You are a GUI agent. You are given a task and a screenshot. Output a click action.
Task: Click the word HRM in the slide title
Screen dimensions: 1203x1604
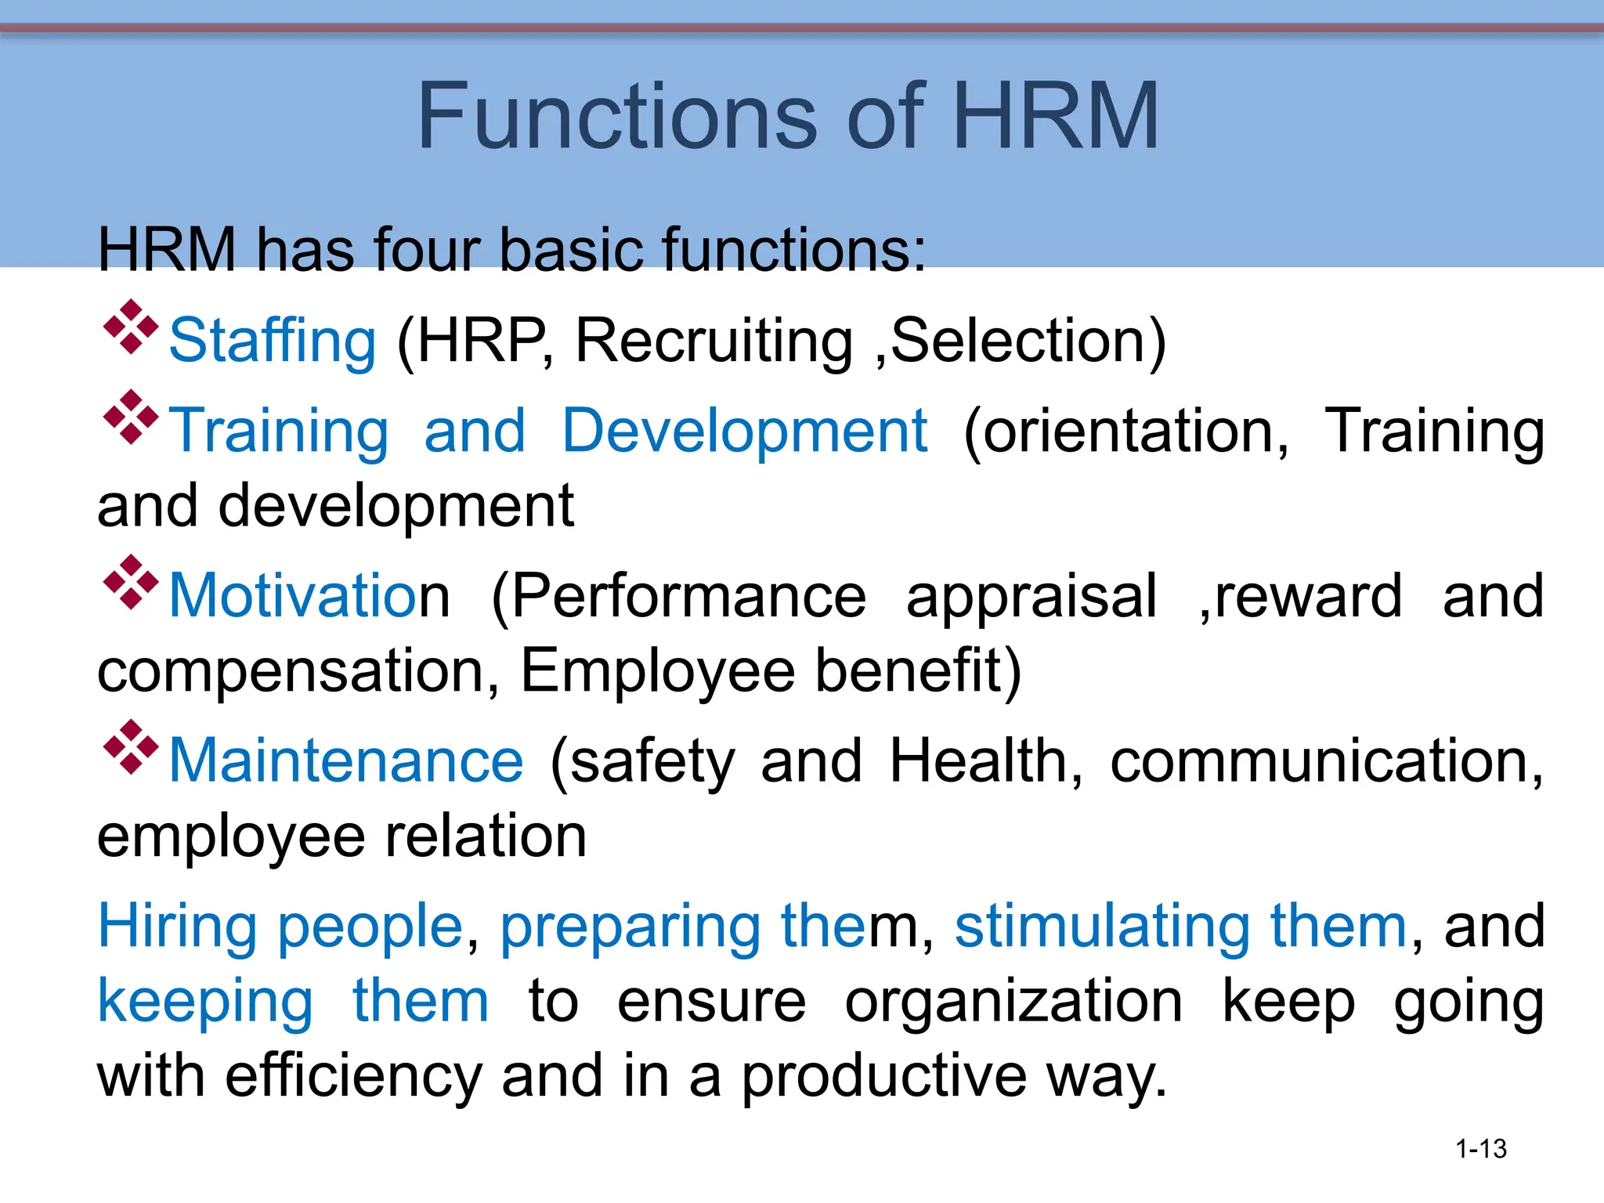tap(1055, 117)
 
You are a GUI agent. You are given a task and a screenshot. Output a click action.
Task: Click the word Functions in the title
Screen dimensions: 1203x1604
tap(617, 117)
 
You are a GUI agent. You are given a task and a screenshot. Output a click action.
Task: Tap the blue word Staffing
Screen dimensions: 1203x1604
tap(273, 341)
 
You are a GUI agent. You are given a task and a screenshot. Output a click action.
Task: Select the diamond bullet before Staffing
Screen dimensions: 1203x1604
tap(130, 327)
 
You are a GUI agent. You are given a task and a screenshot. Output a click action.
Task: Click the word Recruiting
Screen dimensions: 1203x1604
tap(713, 341)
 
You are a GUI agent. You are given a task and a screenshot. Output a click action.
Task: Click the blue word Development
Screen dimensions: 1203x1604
tap(745, 431)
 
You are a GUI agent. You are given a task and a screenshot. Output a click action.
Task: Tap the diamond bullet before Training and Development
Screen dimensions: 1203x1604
tap(130, 417)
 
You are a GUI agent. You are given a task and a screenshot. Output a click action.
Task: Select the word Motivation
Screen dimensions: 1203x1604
tap(309, 596)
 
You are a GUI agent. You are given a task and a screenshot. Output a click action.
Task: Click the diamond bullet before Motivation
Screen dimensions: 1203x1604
tap(130, 582)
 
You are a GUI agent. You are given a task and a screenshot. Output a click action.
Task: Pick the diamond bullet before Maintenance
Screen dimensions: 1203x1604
tap(130, 747)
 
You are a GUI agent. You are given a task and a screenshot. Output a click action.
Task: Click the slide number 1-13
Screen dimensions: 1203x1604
tap(1480, 1149)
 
